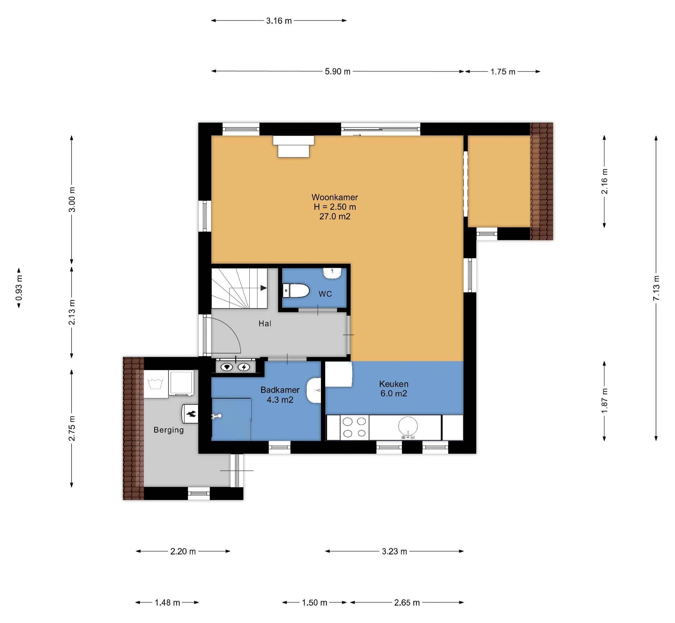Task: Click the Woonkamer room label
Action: coord(334,197)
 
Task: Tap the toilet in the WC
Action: coord(296,291)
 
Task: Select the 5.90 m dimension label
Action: coord(337,72)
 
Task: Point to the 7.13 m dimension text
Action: coord(656,288)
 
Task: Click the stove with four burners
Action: coord(354,427)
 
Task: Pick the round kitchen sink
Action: coord(408,426)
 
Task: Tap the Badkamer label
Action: coord(280,390)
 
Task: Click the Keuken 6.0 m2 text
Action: coord(393,389)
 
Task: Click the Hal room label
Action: coord(265,324)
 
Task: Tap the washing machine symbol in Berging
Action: coord(156,384)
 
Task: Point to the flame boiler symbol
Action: coord(191,414)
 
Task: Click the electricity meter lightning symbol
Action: coord(244,367)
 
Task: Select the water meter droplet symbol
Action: coord(227,367)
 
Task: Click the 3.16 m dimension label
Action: coord(279,21)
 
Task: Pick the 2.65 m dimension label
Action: coord(407,602)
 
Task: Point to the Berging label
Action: coord(168,430)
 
